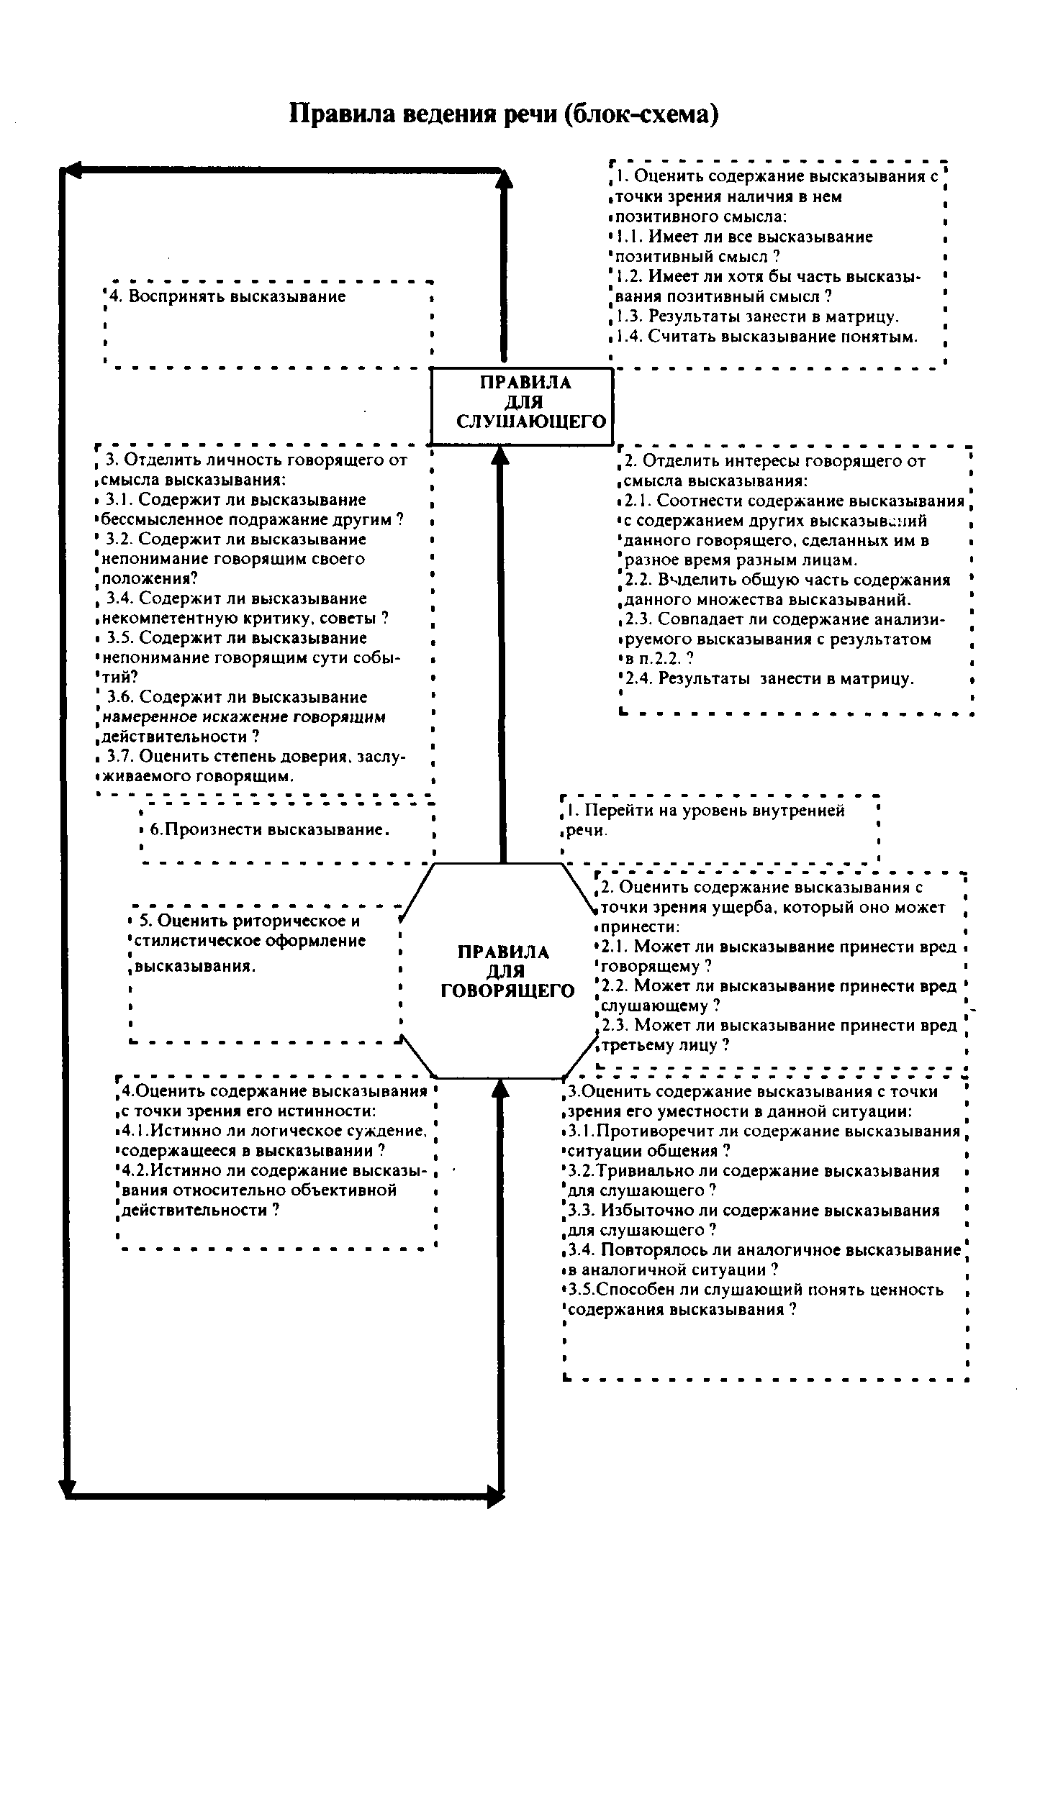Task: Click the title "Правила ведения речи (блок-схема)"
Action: coord(503,114)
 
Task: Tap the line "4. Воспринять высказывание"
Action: coord(227,296)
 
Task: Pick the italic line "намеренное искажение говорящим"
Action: coord(245,717)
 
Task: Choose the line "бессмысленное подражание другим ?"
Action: coord(253,519)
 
